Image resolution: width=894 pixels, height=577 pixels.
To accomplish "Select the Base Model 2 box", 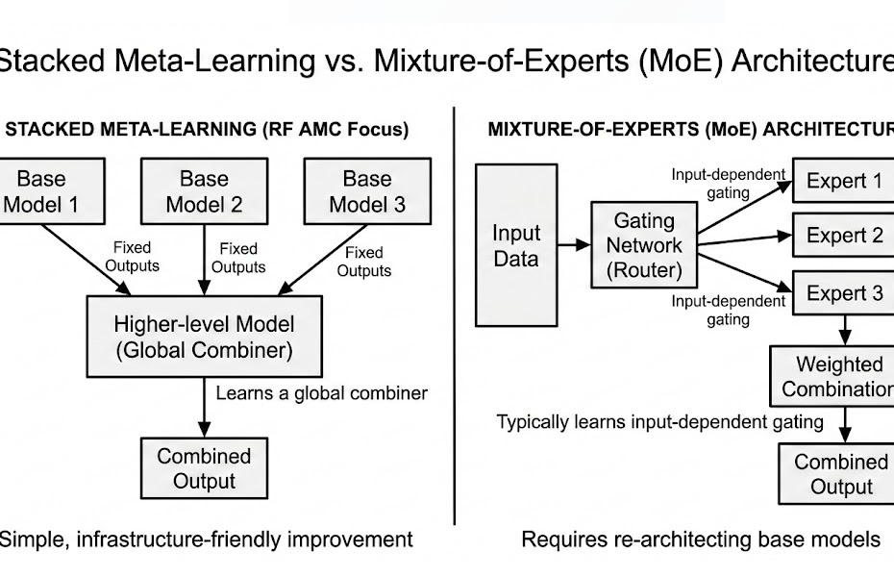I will (x=204, y=190).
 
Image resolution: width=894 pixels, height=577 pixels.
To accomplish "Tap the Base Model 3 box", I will (x=366, y=190).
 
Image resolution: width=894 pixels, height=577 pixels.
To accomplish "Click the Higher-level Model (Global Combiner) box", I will (x=203, y=336).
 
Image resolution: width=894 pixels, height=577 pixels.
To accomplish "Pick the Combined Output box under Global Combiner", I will (x=204, y=467).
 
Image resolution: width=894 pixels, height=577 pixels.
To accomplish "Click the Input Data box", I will (x=516, y=245).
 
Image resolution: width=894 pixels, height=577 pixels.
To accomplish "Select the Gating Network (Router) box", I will (x=643, y=245).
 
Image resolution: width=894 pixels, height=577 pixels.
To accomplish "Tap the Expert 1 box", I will (x=843, y=181).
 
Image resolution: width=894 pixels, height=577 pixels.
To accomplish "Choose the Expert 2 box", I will (x=843, y=236).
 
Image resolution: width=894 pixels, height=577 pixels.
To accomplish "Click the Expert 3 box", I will (x=843, y=293).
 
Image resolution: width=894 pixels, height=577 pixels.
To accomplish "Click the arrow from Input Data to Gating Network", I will (x=574, y=246).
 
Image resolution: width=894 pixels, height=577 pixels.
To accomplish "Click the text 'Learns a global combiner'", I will (x=321, y=392).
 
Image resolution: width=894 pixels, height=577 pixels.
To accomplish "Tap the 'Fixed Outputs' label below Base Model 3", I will (x=364, y=262).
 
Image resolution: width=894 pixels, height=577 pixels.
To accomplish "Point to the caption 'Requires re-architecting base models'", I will (x=700, y=539).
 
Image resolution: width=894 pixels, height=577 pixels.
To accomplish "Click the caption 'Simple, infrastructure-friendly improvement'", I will (x=206, y=539).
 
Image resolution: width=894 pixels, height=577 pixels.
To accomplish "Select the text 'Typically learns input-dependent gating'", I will (x=659, y=421).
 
